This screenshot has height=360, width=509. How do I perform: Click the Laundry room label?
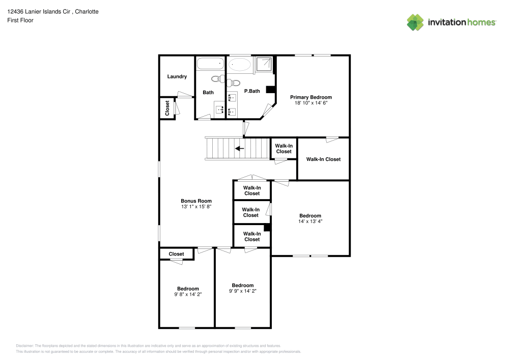(x=177, y=77)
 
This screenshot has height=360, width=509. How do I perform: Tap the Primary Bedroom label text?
(x=310, y=97)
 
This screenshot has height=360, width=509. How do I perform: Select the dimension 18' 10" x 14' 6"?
(x=310, y=103)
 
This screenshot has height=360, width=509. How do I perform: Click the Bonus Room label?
(x=196, y=201)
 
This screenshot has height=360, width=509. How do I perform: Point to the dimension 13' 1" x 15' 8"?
(x=196, y=207)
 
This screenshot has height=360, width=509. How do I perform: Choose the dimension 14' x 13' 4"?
(x=310, y=221)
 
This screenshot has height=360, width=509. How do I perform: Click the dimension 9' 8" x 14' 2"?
(x=188, y=294)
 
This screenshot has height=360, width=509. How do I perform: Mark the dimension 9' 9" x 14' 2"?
(x=242, y=291)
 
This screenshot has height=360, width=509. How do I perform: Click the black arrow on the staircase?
(x=239, y=149)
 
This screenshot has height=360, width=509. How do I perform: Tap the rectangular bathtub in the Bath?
(x=210, y=64)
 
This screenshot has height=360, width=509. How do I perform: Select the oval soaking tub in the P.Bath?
(x=239, y=65)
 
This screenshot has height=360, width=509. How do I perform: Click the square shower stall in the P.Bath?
(x=264, y=64)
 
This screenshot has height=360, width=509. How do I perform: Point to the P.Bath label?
(x=252, y=91)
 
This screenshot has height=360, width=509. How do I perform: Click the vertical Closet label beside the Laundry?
(x=167, y=108)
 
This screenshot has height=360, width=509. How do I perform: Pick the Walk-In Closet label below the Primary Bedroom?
(x=323, y=159)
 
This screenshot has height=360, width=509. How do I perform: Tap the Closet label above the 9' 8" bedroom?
(x=176, y=254)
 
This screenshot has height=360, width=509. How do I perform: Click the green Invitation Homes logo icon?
(x=415, y=22)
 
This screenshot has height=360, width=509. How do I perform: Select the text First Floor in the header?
(x=20, y=20)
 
